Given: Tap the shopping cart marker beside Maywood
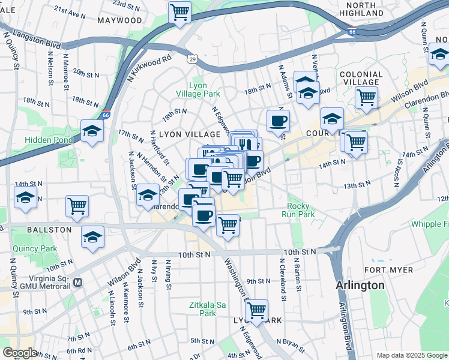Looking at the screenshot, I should pos(180,13).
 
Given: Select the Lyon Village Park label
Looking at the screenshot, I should pos(197,89).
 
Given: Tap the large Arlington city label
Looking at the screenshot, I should pos(360,285).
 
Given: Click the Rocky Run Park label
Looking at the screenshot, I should pos(301,210).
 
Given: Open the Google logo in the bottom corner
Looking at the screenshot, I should pos(19,352).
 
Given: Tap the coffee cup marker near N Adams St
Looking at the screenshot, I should pos(278,121).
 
